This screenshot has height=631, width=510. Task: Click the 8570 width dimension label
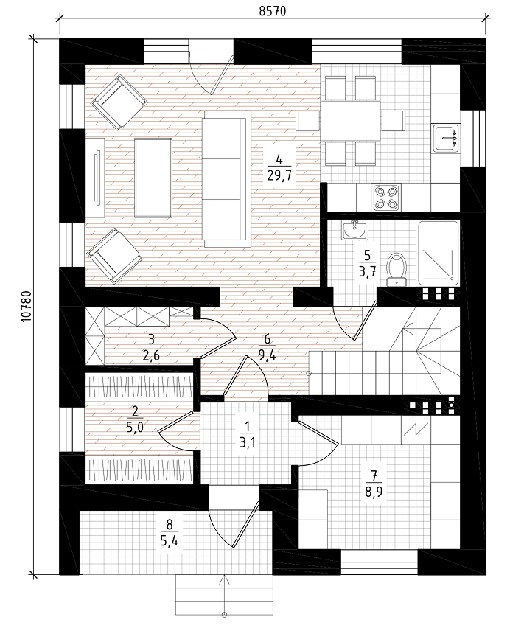272,11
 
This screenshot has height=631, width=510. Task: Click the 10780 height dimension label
26,306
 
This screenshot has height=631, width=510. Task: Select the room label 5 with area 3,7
367,264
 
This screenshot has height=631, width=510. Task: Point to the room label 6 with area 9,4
267,347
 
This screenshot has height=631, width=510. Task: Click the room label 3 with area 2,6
151,347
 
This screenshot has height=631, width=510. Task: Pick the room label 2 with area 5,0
135,419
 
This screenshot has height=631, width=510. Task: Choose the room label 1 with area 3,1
248,435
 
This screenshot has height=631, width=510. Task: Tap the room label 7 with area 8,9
374,484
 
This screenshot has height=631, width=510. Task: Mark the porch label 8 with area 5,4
169,532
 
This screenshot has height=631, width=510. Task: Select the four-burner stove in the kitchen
386,198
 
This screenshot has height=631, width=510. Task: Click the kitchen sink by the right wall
446,139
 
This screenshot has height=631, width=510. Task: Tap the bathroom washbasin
354,230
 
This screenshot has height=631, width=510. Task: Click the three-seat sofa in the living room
226,178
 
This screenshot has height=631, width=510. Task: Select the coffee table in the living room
153,178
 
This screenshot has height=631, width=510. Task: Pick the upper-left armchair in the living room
118,102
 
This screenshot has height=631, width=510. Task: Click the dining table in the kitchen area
350,120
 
